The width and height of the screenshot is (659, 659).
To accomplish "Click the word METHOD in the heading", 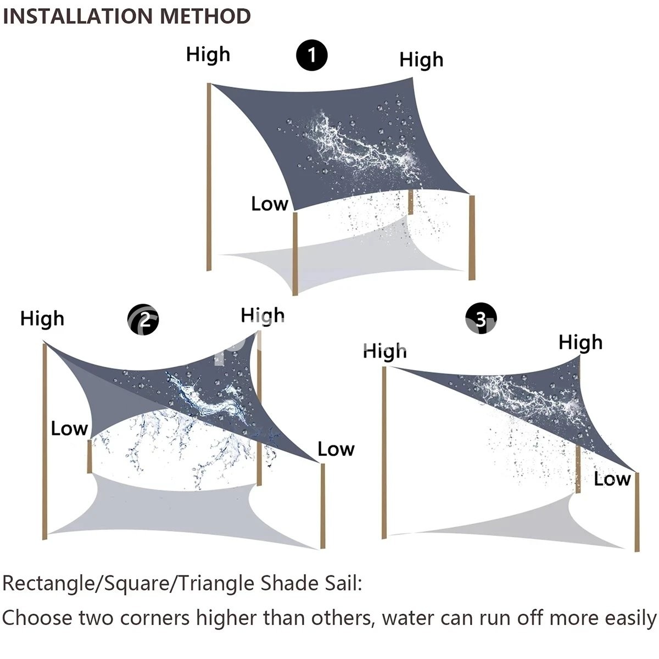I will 205,16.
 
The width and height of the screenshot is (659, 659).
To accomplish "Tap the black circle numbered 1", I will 312,55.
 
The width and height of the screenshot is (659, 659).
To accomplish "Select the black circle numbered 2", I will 143,320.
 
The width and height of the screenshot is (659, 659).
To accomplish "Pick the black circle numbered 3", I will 481,319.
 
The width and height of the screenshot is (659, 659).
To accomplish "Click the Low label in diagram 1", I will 270,204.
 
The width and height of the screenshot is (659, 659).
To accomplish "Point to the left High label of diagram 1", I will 208,55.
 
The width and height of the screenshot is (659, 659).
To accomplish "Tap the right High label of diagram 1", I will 421,60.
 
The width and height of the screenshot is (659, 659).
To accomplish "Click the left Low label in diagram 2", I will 69,428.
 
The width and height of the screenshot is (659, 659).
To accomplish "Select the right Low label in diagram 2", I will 336,449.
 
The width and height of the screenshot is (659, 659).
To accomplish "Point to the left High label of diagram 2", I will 42,319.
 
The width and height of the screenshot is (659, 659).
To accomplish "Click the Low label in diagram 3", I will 612,479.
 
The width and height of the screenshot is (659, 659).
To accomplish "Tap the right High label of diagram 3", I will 580,343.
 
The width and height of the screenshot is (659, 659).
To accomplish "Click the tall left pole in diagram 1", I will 209,176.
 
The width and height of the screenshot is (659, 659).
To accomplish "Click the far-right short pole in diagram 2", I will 323,505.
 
